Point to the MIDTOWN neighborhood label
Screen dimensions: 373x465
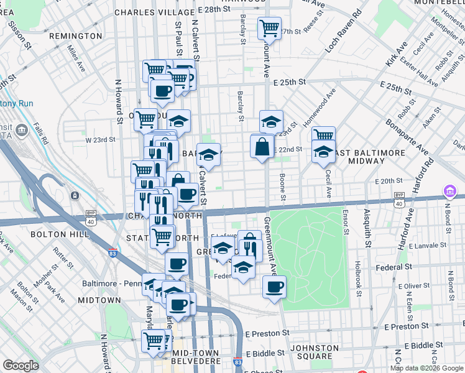[99, 300]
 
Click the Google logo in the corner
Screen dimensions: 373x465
[20, 366]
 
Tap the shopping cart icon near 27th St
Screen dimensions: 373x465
[270, 27]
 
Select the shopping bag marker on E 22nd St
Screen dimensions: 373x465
[262, 147]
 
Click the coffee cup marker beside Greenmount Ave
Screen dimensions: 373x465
[274, 287]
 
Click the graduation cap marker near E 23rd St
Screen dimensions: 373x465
[270, 121]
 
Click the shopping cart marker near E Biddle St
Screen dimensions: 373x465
[153, 340]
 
